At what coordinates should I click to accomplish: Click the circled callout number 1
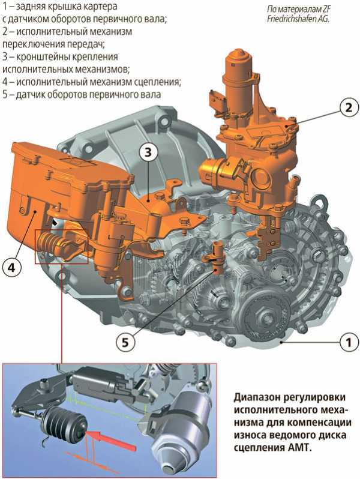click(x=345, y=343)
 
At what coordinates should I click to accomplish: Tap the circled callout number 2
click(x=347, y=108)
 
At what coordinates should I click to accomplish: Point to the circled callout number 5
click(x=124, y=342)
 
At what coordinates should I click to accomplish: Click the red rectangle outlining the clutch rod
click(x=62, y=246)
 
